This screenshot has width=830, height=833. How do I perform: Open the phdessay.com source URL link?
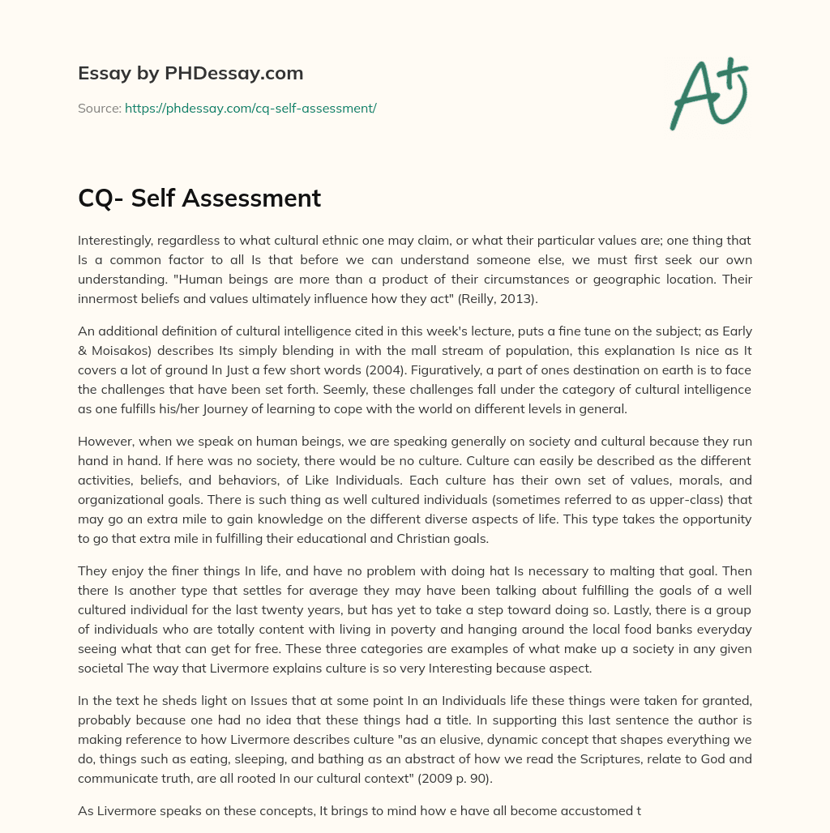(x=250, y=108)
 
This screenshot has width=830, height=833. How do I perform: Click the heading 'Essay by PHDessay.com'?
(x=190, y=74)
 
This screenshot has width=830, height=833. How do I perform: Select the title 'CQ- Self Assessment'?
(x=199, y=198)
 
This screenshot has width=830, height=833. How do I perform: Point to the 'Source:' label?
(x=99, y=108)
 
